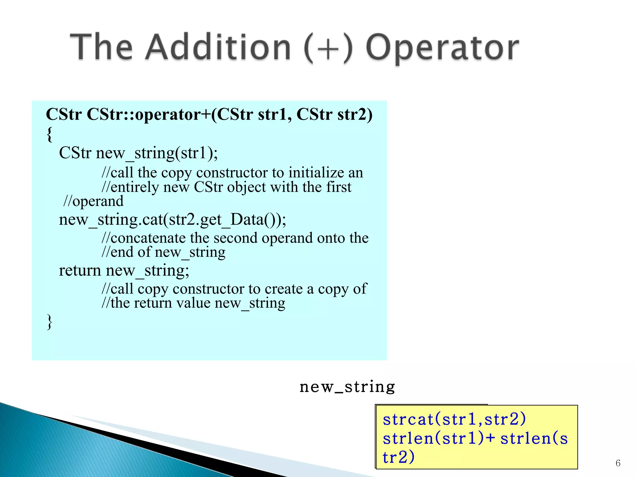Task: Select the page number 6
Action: pyautogui.click(x=618, y=463)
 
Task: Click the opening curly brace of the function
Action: pyautogui.click(x=49, y=134)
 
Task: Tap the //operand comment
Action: pyautogui.click(x=93, y=201)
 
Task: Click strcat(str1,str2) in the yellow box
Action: pyautogui.click(x=454, y=419)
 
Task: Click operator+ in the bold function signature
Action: pyautogui.click(x=173, y=114)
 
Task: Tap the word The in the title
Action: pyautogui.click(x=102, y=47)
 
